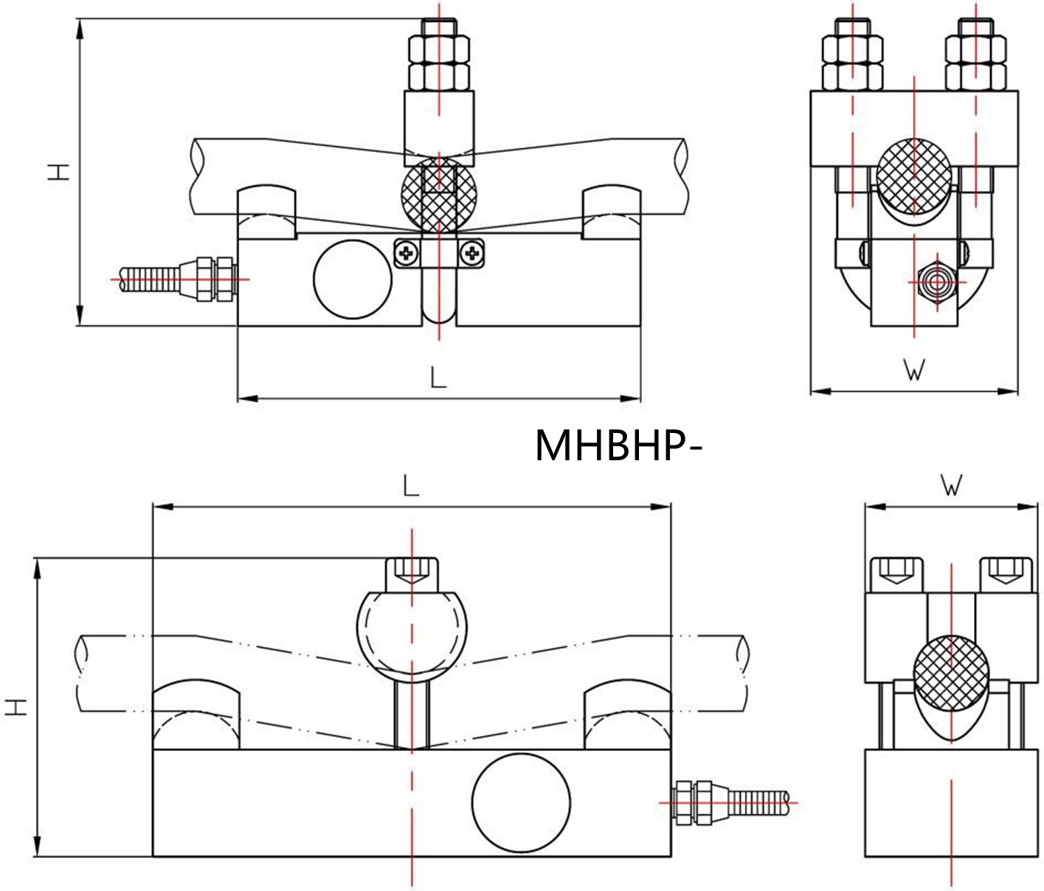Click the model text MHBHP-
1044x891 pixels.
click(x=616, y=445)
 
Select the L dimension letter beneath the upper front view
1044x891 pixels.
click(x=438, y=378)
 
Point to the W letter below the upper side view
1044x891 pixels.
click(x=914, y=370)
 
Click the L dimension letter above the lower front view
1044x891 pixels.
click(x=411, y=485)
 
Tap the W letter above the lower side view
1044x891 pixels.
click(x=952, y=485)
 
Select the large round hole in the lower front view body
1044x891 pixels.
click(x=521, y=803)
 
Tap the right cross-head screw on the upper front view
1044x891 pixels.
click(x=470, y=254)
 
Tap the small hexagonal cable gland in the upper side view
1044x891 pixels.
click(x=937, y=282)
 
